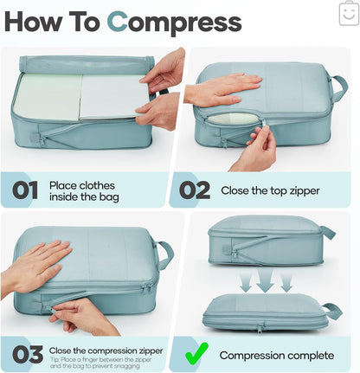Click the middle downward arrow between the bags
(x=266, y=280)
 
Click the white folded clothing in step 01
(x=110, y=95)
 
